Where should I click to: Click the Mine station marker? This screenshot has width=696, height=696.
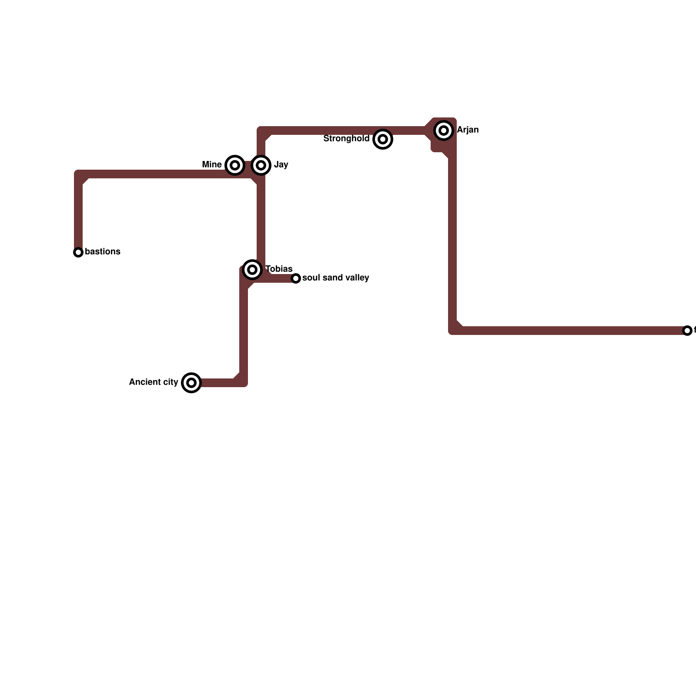235,165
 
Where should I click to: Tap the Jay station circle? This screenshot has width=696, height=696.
261,165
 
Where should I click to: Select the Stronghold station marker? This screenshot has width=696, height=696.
383,139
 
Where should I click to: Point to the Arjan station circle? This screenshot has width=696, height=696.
444,130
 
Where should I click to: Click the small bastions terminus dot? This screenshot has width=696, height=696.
78,252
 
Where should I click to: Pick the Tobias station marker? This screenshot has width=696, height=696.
252,270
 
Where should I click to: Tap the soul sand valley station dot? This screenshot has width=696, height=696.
296,278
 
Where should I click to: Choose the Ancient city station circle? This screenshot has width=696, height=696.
191,383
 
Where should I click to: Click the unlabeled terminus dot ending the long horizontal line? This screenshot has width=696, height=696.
687,331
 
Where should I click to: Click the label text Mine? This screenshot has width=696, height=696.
212,165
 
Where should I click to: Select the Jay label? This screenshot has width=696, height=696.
281,165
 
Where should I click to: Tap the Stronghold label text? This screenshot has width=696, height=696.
346,139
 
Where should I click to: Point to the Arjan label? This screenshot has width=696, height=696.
468,130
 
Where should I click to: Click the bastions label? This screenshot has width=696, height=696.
103,252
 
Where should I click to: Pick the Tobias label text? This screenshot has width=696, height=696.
279,269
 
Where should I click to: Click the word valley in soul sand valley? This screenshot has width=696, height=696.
357,278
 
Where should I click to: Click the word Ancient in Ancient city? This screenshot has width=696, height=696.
145,382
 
